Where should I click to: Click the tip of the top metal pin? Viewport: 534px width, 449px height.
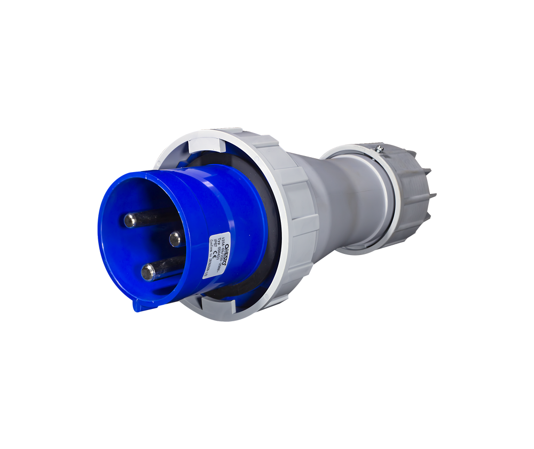click(130, 220)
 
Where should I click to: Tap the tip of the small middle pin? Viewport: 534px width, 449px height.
click(175, 238)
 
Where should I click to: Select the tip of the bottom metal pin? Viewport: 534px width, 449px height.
click(148, 272)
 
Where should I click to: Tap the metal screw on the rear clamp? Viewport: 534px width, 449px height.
click(379, 149)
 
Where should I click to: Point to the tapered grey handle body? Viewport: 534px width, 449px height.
click(342, 203)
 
